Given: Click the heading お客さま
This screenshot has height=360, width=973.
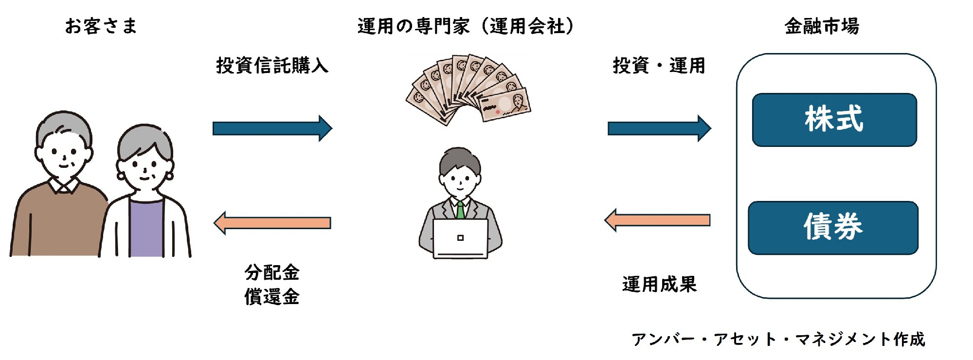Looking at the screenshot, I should (101, 26).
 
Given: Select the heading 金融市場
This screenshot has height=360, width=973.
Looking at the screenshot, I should (822, 26).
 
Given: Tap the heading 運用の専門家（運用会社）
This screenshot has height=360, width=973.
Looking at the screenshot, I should (466, 26).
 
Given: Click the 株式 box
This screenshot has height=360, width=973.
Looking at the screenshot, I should (834, 120).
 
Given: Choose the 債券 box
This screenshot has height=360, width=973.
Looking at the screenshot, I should (833, 228).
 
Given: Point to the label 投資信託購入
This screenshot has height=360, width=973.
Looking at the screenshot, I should (272, 65).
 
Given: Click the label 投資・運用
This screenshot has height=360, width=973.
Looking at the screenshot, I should (659, 65).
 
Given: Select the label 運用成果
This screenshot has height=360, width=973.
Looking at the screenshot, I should (659, 284).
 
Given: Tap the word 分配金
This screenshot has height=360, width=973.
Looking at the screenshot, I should (272, 272).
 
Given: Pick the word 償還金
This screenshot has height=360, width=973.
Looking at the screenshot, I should (272, 296).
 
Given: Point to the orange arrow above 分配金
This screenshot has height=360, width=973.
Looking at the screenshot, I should (272, 223).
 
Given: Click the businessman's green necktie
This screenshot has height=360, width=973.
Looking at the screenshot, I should (460, 210).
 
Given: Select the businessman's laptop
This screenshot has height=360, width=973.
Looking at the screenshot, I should (460, 238).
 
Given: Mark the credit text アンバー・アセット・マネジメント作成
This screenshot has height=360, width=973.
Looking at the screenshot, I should (778, 339).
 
